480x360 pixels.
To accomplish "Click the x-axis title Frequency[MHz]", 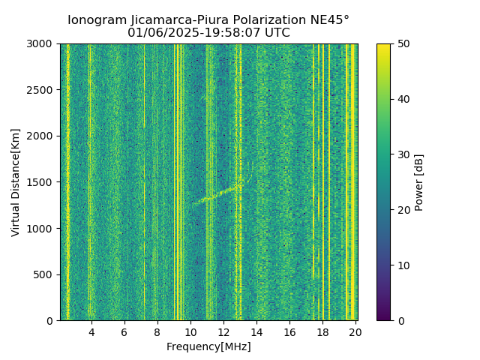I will pyautogui.click(x=208, y=346).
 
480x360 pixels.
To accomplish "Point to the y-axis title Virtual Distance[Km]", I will pyautogui.click(x=16, y=182).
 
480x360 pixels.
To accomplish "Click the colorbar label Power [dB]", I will pyautogui.click(x=419, y=182).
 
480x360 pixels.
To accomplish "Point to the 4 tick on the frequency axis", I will pyautogui.click(x=91, y=331).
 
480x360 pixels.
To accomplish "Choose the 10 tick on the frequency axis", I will pyautogui.click(x=190, y=331).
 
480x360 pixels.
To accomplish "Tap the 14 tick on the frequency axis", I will pyautogui.click(x=256, y=331).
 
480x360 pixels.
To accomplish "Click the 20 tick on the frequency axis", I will pyautogui.click(x=355, y=331).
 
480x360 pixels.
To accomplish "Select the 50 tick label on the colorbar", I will pyautogui.click(x=402, y=43).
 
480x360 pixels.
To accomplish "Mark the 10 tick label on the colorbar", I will pyautogui.click(x=402, y=265).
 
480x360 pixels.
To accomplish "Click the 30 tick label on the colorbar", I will pyautogui.click(x=402, y=154).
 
